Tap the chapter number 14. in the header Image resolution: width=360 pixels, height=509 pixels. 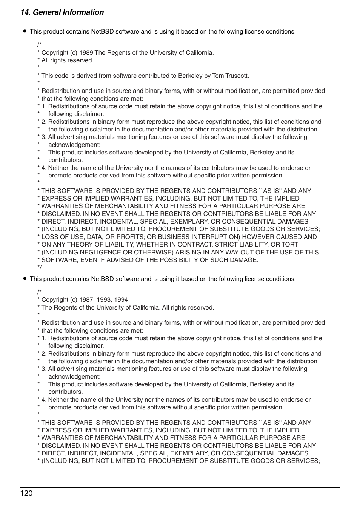[25, 12]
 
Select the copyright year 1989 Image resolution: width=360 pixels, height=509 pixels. [86, 53]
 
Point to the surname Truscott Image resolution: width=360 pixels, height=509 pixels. [237, 76]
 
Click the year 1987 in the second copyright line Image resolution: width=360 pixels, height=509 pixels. [86, 300]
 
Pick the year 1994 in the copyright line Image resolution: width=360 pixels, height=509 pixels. [121, 300]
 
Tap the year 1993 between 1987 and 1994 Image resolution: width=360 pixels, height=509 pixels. [104, 300]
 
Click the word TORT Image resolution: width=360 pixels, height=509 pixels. [289, 245]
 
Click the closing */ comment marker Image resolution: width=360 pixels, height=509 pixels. [40, 268]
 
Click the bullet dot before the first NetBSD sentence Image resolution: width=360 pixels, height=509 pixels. [25, 31]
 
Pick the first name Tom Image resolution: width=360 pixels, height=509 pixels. [218, 76]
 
